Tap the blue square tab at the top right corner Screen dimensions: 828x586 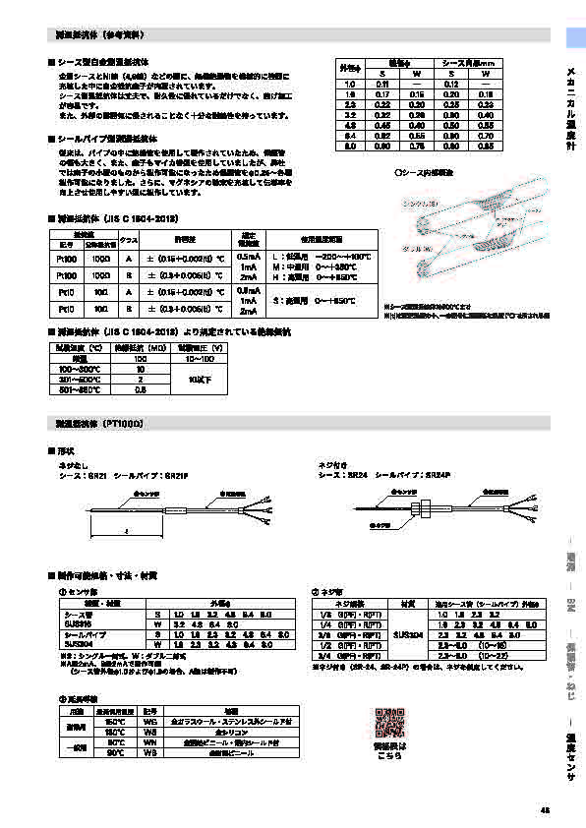click(x=575, y=37)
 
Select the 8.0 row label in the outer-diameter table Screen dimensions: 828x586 click(x=347, y=146)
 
